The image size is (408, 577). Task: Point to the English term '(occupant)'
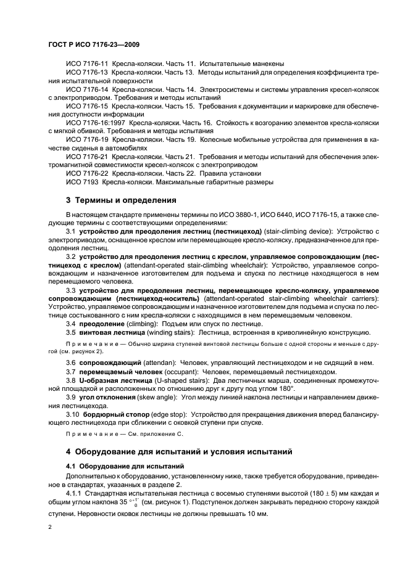177,372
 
